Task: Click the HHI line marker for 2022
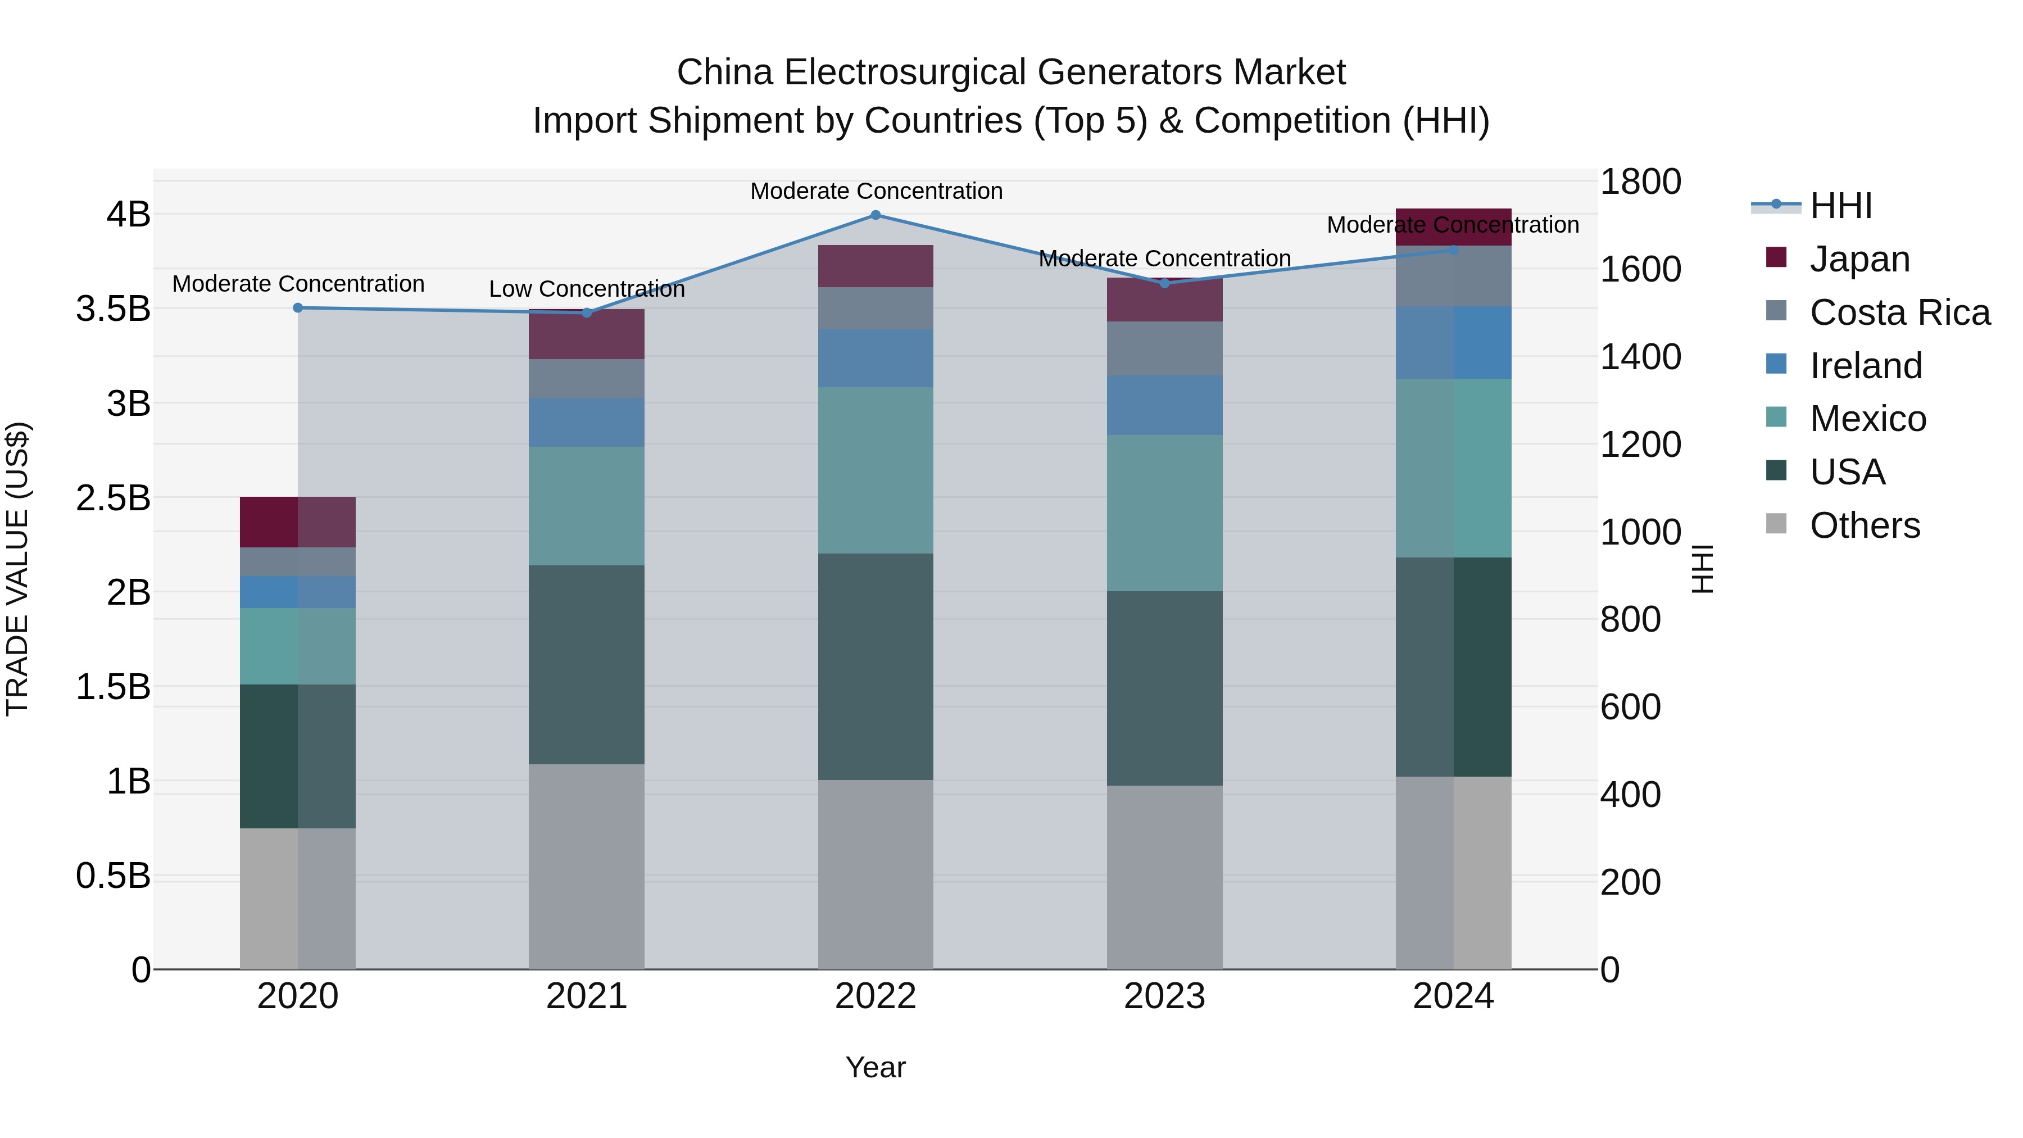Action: [876, 215]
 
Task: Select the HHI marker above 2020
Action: [298, 308]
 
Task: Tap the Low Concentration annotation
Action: [587, 289]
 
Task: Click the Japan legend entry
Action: [1859, 259]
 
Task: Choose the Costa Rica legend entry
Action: [1899, 312]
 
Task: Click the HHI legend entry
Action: [1840, 206]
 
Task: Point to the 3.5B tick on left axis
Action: [113, 309]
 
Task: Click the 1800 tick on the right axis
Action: [1640, 182]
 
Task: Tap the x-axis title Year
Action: [875, 1067]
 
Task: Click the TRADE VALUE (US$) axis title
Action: [17, 569]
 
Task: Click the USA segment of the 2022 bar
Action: [876, 666]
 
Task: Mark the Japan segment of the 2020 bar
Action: [298, 522]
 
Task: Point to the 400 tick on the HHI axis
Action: [1630, 795]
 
